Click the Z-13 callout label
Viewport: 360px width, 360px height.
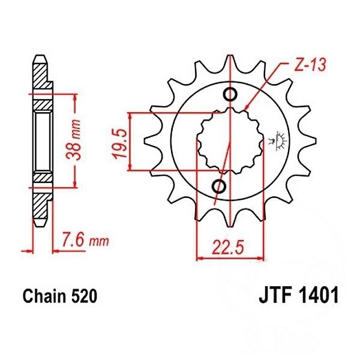[310, 65]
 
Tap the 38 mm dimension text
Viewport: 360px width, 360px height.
[73, 140]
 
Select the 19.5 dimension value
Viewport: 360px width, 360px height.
[119, 144]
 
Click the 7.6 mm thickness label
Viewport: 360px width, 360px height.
[85, 241]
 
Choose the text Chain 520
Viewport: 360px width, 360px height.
[60, 296]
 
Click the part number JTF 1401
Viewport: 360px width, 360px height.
[299, 296]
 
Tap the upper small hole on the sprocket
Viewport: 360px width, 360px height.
[230, 94]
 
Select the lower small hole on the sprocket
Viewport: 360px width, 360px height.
[219, 186]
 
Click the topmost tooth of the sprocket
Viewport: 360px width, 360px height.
[230, 62]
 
